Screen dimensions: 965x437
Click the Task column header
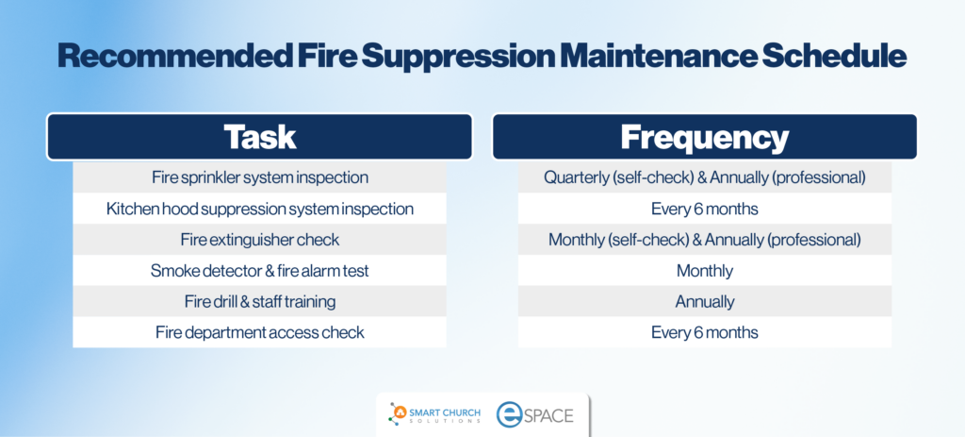[260, 137]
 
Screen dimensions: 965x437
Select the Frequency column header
[705, 137]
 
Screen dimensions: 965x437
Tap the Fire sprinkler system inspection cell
[260, 177]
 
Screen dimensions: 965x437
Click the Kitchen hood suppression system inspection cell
[260, 209]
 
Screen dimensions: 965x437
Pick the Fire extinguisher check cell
[260, 239]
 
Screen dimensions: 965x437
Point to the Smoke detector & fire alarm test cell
[260, 270]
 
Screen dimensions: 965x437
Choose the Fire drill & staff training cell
[260, 301]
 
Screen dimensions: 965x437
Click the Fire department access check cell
[260, 332]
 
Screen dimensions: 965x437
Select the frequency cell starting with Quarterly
[705, 177]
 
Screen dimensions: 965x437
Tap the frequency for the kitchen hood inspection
[705, 209]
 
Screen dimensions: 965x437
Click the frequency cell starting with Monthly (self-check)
[705, 239]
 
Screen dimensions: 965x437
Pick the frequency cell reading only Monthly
[705, 270]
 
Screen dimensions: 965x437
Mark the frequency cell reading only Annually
[705, 301]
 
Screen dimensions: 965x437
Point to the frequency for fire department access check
[705, 332]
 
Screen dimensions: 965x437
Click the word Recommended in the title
[174, 56]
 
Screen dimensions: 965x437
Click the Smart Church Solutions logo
[434, 413]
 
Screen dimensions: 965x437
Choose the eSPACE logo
[535, 414]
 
